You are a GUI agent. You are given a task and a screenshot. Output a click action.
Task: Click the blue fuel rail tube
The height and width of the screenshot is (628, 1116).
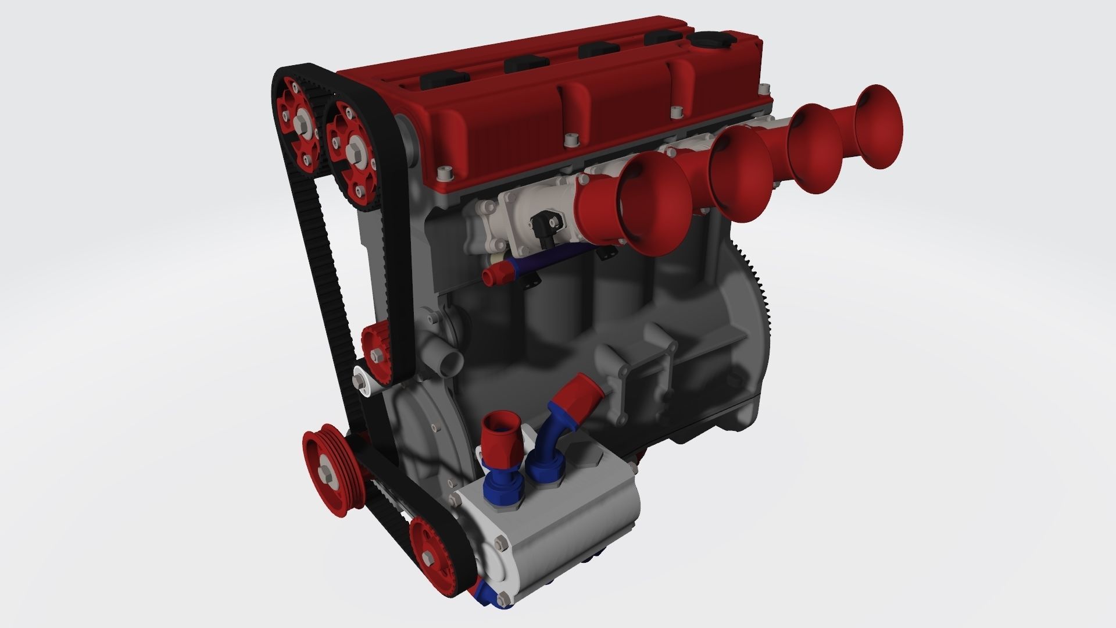pyautogui.click(x=546, y=262)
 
